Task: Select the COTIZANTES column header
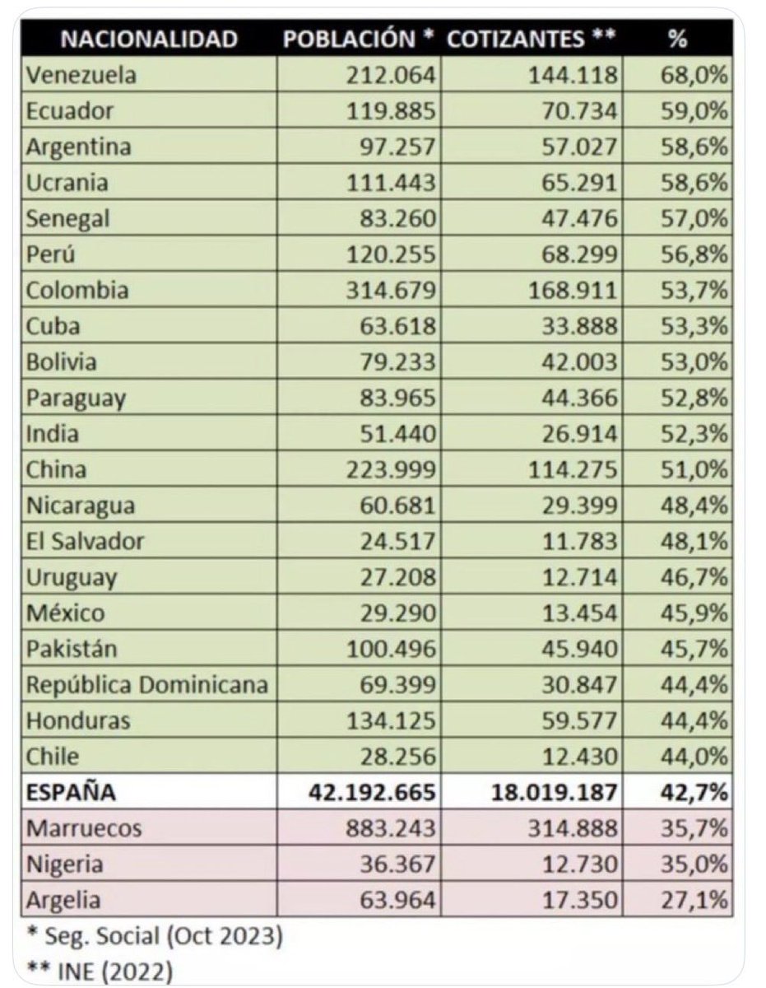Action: [x=527, y=39]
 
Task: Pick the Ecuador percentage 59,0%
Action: [x=694, y=111]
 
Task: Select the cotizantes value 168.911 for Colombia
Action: [x=573, y=291]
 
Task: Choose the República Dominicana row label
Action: [x=147, y=685]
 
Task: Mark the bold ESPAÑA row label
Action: [x=72, y=793]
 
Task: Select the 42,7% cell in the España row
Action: [x=694, y=793]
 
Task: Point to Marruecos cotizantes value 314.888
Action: [x=573, y=828]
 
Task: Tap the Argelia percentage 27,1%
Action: [x=694, y=900]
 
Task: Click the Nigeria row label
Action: [x=65, y=864]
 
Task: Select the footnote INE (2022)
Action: [x=102, y=972]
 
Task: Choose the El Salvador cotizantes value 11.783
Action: [x=580, y=541]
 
